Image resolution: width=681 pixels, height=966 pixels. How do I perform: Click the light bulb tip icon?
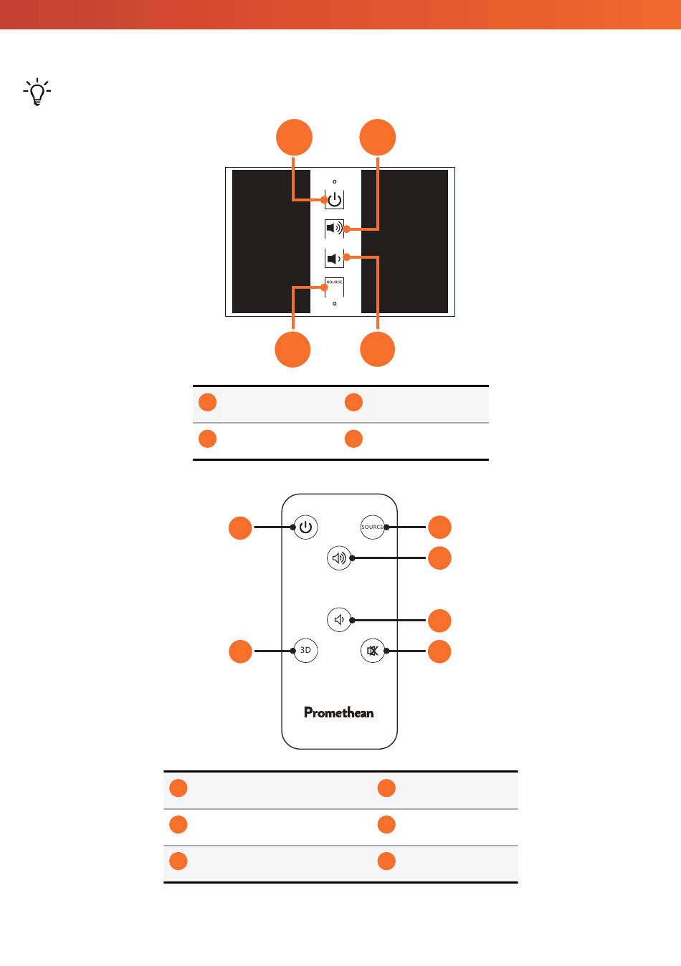(37, 92)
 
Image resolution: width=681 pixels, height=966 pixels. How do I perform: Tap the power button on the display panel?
(334, 199)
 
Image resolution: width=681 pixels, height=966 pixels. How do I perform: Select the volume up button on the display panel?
(334, 228)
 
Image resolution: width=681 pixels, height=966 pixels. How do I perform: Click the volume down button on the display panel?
(334, 258)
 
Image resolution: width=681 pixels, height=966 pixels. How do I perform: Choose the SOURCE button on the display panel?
(334, 287)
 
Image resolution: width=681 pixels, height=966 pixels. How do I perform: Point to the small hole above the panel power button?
(334, 181)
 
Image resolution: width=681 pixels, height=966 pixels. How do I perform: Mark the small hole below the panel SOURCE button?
(334, 304)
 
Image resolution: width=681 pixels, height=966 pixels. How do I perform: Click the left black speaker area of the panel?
(271, 241)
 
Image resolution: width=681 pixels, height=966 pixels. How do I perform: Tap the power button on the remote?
(305, 527)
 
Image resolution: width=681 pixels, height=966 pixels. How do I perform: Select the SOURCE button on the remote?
(373, 527)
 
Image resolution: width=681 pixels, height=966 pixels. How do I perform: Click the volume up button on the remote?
(339, 558)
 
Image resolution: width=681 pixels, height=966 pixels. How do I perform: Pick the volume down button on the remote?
(339, 620)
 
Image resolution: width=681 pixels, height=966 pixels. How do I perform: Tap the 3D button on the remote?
(305, 650)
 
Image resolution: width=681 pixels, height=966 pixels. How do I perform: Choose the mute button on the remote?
(373, 650)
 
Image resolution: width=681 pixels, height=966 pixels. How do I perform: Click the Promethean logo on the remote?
(339, 712)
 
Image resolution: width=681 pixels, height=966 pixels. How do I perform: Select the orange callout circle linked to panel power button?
(294, 137)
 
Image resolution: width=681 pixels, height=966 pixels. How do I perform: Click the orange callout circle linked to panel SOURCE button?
(292, 349)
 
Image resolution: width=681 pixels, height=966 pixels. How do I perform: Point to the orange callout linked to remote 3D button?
(240, 651)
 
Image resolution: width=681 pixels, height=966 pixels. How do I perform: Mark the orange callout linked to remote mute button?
(439, 651)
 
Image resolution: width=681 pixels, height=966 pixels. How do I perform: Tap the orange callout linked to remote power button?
(240, 528)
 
